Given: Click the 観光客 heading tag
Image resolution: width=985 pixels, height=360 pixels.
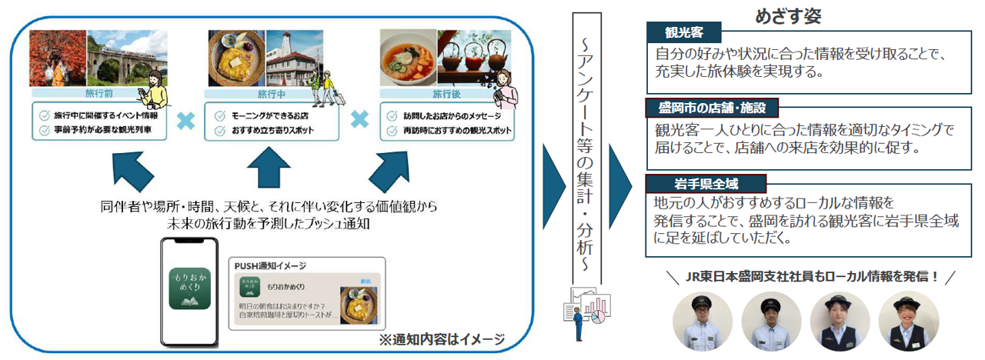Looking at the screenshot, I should point(683,32).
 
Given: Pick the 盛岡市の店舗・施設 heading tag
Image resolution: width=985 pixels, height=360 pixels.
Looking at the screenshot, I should point(707,107).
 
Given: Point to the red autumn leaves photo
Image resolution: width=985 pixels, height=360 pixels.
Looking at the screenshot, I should point(57,59).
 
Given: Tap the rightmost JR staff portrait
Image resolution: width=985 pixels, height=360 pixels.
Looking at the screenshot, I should point(907,322).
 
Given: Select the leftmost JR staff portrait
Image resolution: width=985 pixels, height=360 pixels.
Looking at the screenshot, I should point(703,322).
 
